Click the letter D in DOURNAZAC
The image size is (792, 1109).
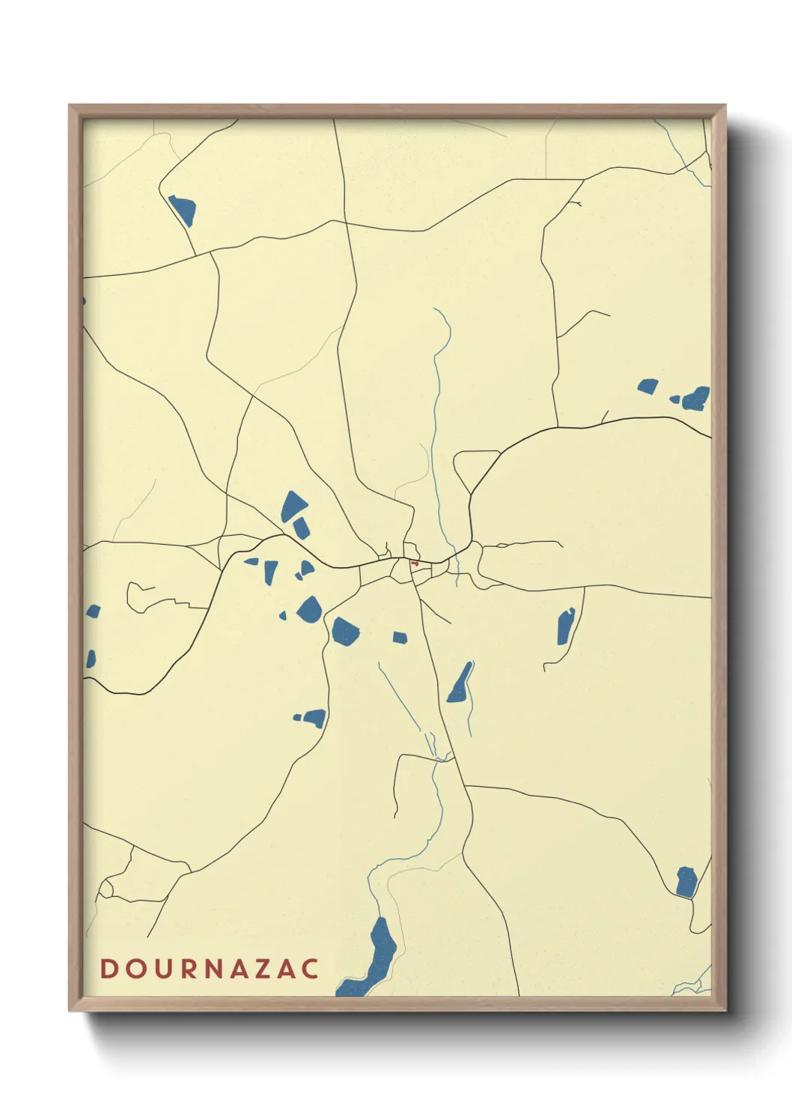click(109, 968)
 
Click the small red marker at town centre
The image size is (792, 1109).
click(414, 563)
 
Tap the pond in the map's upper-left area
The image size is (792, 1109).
click(182, 210)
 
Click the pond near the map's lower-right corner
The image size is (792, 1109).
click(686, 882)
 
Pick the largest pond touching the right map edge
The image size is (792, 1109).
click(695, 399)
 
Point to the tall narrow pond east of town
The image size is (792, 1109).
click(565, 626)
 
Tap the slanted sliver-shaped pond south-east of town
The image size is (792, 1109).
click(460, 683)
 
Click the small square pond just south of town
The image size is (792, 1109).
click(400, 638)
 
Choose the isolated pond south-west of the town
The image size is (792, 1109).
click(314, 719)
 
